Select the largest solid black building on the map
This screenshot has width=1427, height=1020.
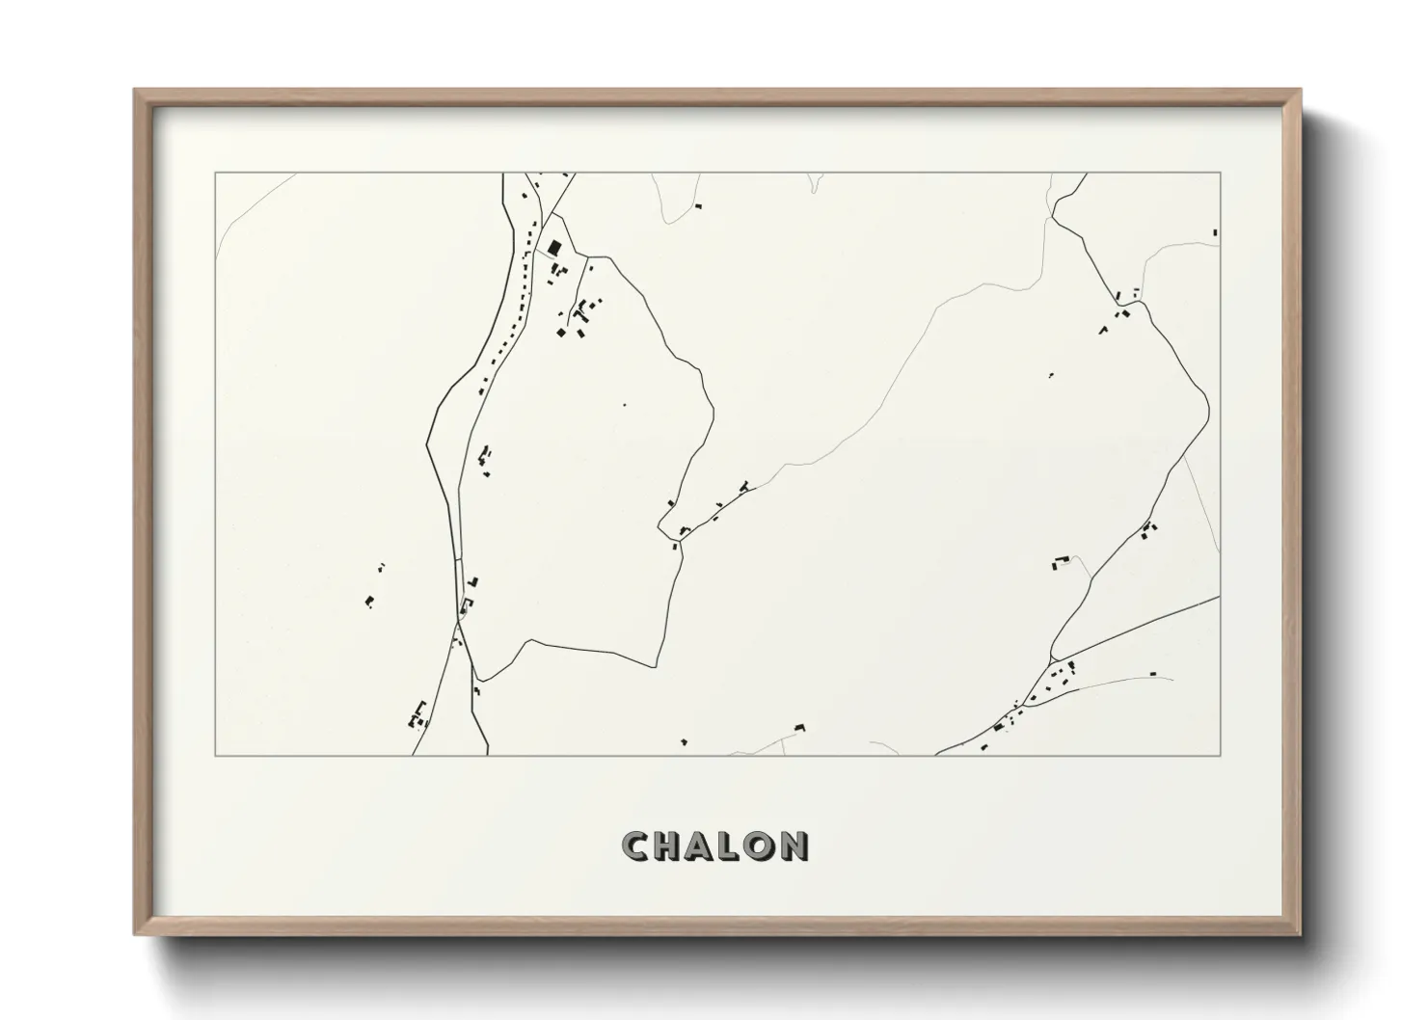tap(554, 248)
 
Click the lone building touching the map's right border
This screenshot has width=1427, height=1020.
tap(1215, 232)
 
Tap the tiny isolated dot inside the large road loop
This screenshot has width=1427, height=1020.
tap(624, 405)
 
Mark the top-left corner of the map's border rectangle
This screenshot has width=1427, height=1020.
tap(215, 174)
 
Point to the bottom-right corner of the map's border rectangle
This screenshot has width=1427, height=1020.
tap(1221, 755)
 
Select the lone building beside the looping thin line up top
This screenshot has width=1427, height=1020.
tap(698, 205)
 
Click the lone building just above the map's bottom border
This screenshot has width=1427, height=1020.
tap(684, 741)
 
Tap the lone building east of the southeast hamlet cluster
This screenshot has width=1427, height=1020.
tap(1152, 674)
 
